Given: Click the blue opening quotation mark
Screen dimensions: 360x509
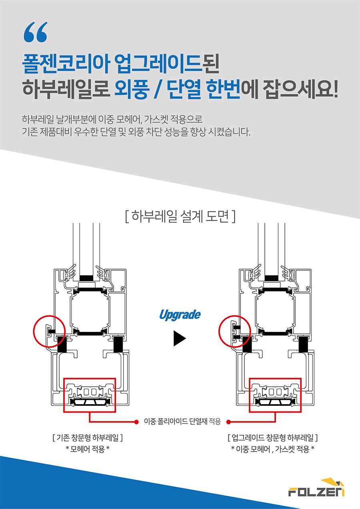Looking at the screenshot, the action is coord(36,32).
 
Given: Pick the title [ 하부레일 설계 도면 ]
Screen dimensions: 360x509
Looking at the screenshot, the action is coord(180,216).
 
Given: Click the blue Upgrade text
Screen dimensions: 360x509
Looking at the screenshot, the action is coord(180,315).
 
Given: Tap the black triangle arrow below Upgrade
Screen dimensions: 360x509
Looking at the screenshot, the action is coord(180,338).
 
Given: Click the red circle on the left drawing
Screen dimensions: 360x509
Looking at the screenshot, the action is coord(33,331).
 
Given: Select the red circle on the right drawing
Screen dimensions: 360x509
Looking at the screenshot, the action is coord(219,331).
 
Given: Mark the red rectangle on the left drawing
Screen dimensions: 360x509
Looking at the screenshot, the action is coord(90,378).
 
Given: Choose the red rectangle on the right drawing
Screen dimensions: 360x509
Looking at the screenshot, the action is coord(275,378).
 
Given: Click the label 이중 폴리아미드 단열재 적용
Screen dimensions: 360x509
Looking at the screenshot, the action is coord(182,422).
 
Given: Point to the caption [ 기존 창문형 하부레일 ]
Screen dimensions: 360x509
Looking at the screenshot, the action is coord(88,437).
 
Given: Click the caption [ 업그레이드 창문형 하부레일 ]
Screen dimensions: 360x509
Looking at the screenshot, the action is coord(273,437).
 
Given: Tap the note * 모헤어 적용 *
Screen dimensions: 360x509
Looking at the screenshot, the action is coord(88,449).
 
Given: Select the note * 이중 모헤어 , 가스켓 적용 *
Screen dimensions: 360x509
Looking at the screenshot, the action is coord(273,449).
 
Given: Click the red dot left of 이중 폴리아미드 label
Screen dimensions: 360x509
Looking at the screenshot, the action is coord(136,422).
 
